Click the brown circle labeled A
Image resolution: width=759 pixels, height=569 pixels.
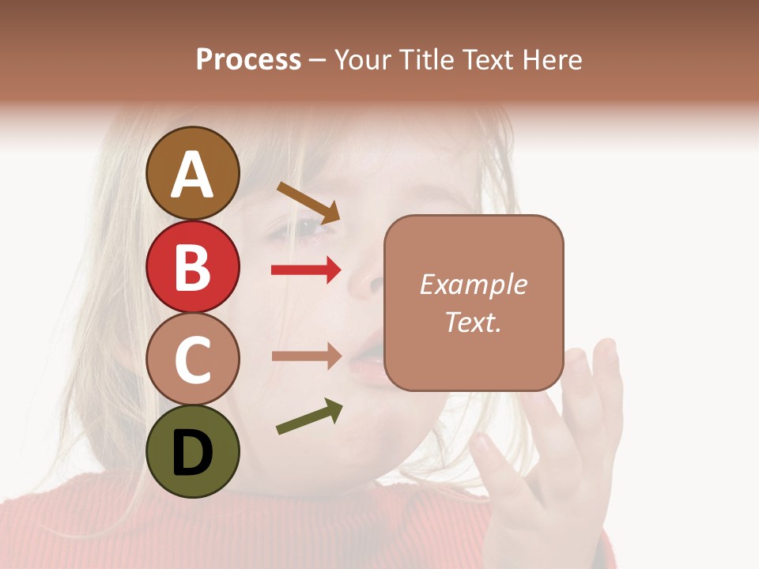tap(193, 173)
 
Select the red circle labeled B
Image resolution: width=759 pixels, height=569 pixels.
tap(193, 266)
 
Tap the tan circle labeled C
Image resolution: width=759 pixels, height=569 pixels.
tap(193, 359)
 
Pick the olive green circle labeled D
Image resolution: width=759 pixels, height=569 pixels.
tap(193, 451)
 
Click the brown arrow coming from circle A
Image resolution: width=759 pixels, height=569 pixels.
tap(308, 202)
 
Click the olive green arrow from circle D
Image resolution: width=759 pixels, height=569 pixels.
tap(309, 417)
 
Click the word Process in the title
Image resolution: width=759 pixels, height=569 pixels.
tap(248, 60)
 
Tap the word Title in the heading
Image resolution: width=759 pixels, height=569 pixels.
tap(429, 60)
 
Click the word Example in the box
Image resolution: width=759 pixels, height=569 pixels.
tap(473, 284)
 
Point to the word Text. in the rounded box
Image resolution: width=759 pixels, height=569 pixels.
tap(473, 322)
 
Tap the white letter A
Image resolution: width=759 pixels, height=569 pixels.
tap(193, 175)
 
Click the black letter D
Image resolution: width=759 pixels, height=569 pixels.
tap(193, 453)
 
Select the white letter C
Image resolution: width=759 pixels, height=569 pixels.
tap(193, 360)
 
